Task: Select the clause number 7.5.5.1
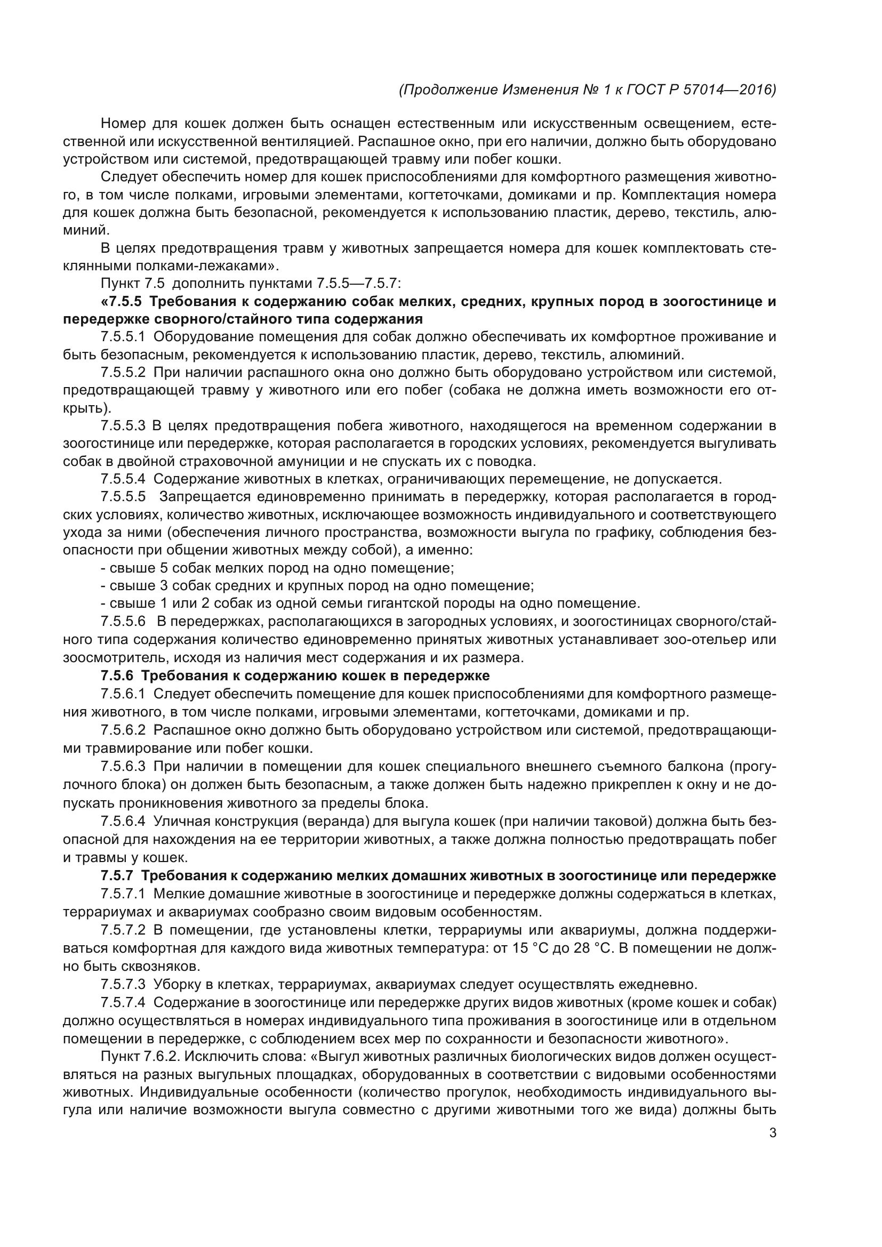click(123, 337)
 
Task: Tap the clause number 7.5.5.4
click(123, 479)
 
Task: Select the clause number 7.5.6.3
click(123, 766)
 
